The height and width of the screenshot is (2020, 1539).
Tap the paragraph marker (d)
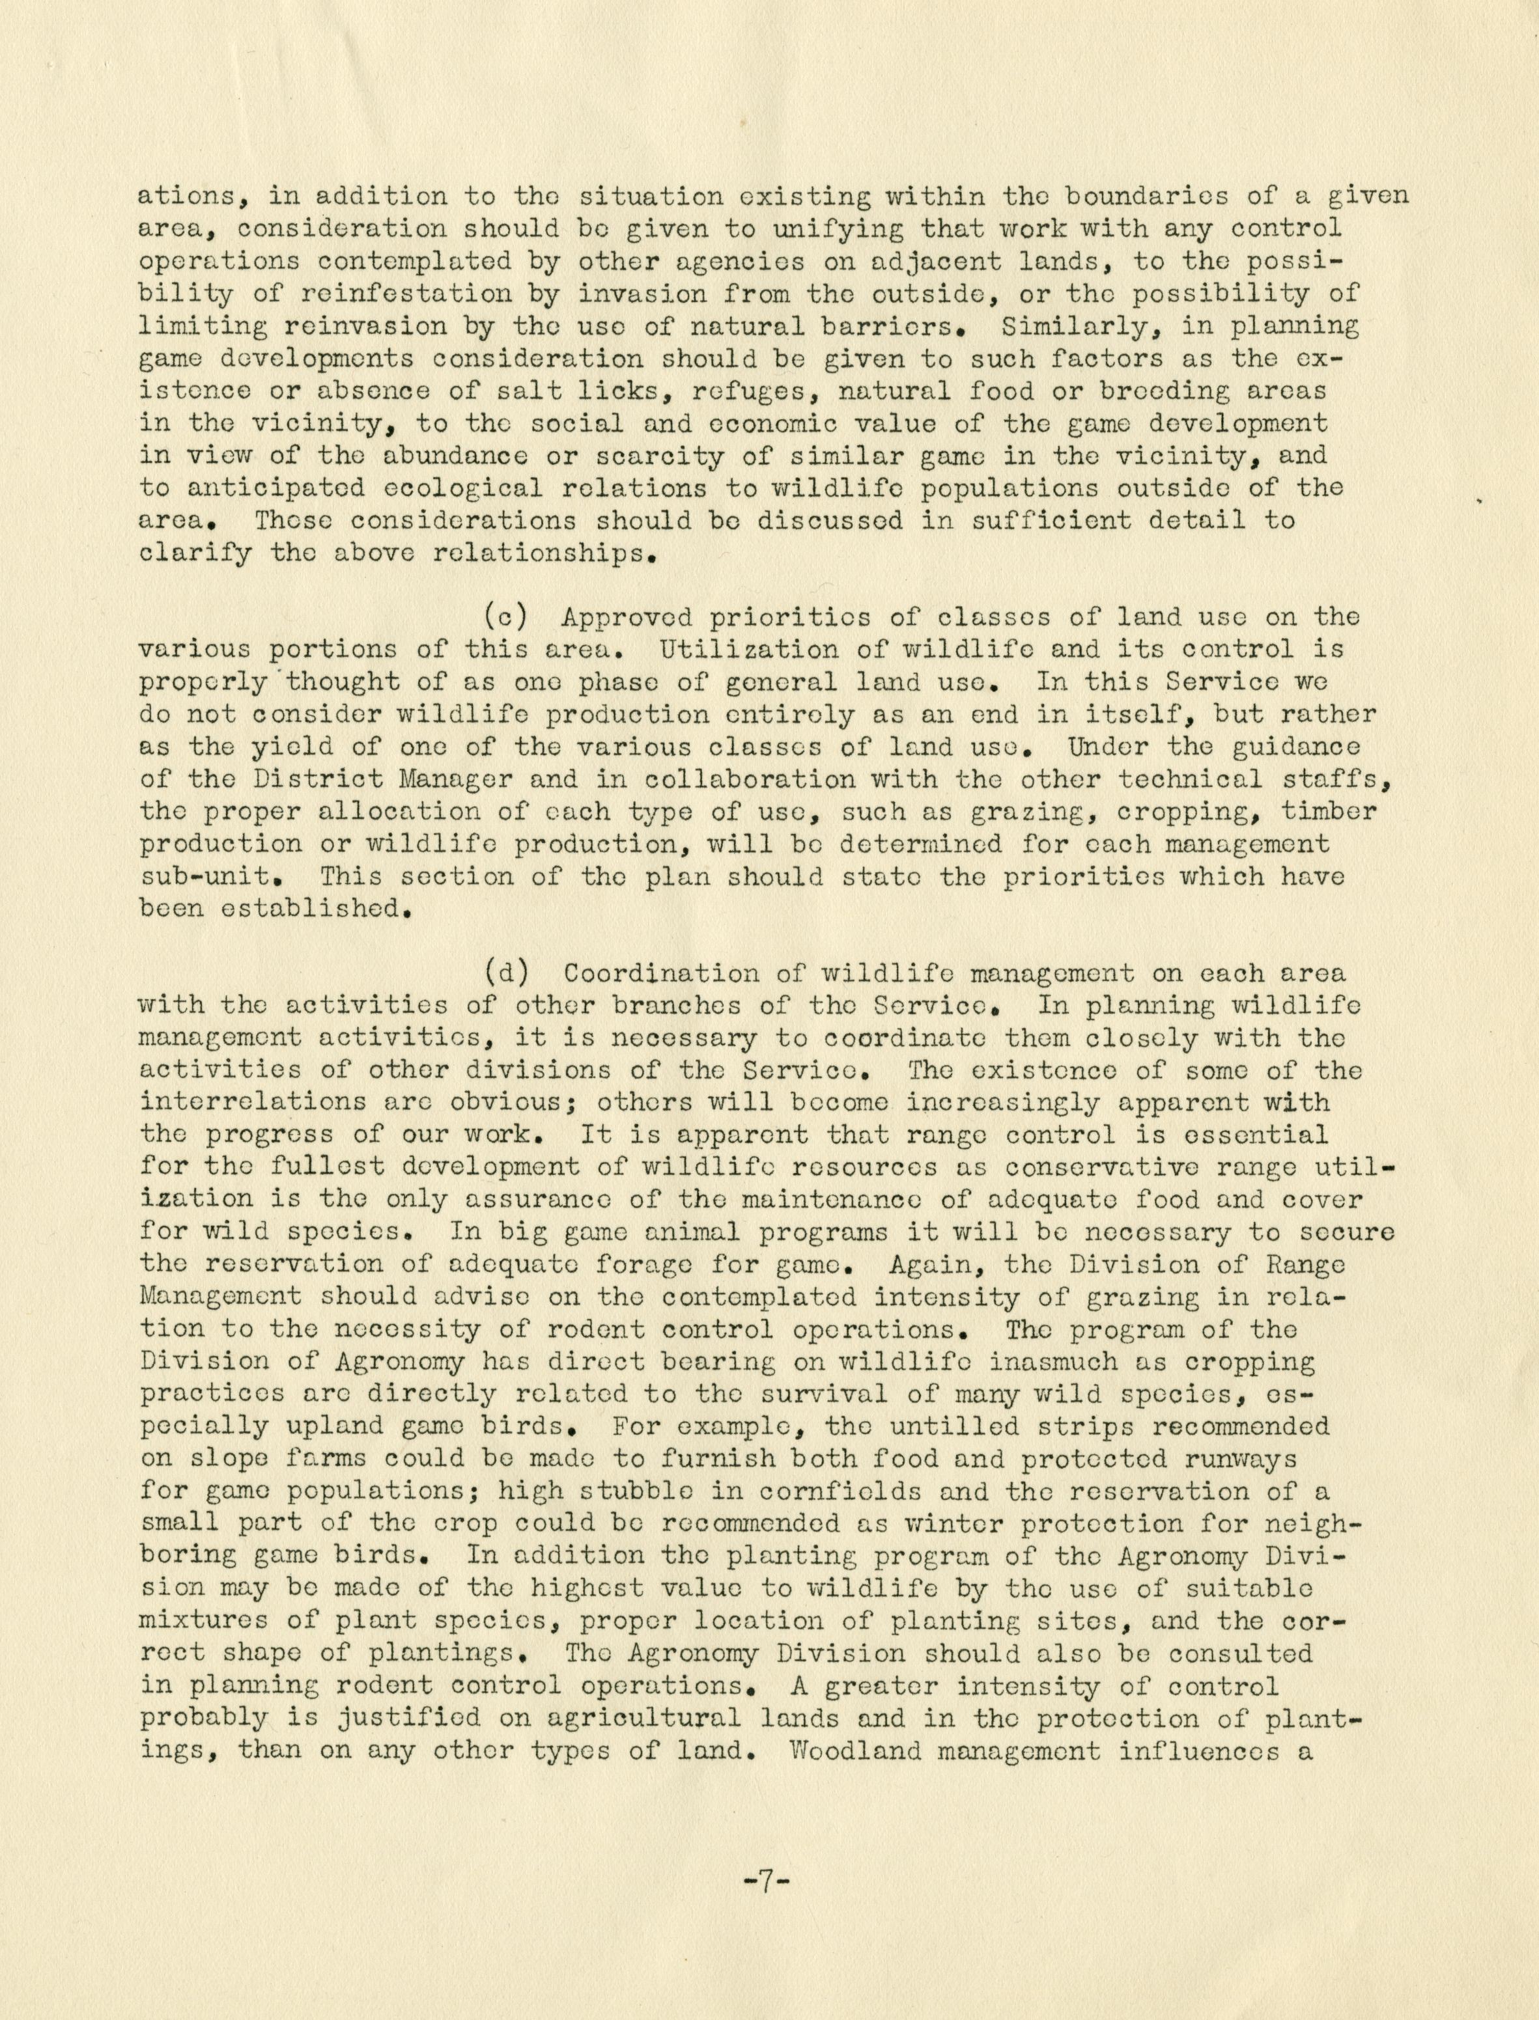pos(503,973)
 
